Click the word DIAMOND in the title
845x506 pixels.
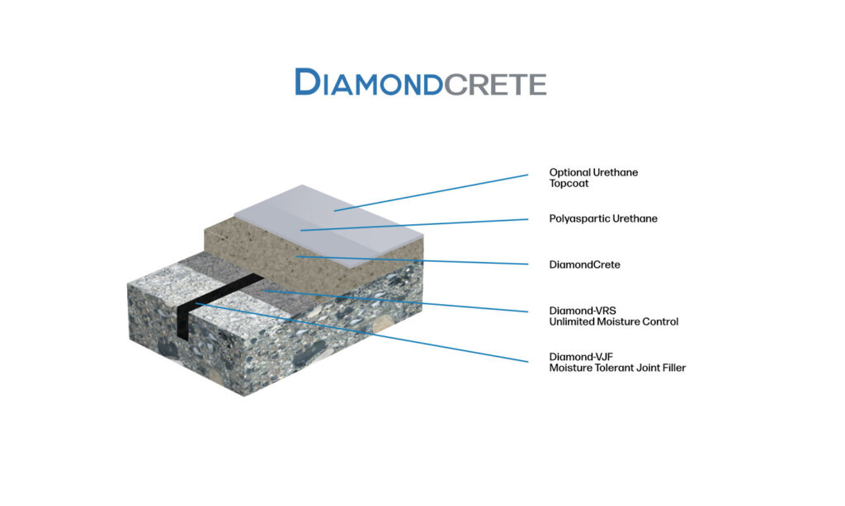(x=369, y=82)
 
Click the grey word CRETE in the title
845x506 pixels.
(x=495, y=85)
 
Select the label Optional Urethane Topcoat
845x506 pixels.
(x=593, y=178)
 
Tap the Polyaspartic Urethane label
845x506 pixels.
(x=603, y=218)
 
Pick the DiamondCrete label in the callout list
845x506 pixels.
(x=585, y=265)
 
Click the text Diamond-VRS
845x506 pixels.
(x=583, y=311)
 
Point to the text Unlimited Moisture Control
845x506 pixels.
(x=614, y=322)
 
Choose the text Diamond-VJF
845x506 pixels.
(x=581, y=356)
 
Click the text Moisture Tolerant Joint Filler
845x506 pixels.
(x=617, y=368)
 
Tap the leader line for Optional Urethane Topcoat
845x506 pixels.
(x=431, y=193)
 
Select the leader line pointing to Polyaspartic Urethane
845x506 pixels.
(x=414, y=224)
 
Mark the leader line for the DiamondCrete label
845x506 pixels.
(x=412, y=260)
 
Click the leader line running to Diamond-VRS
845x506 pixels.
(x=396, y=301)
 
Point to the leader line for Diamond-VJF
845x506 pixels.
(x=361, y=332)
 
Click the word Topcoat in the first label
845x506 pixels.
(x=569, y=184)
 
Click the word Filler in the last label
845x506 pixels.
(x=672, y=368)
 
